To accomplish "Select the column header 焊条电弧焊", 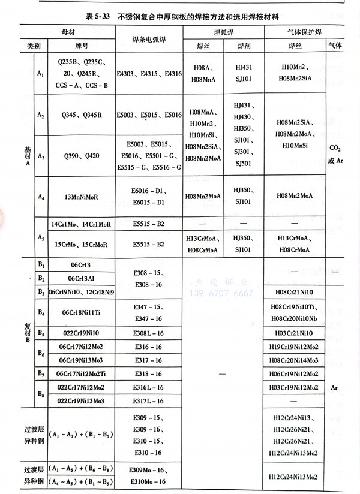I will (x=148, y=40).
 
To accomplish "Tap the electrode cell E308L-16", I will (x=148, y=332).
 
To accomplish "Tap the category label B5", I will (x=41, y=332).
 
